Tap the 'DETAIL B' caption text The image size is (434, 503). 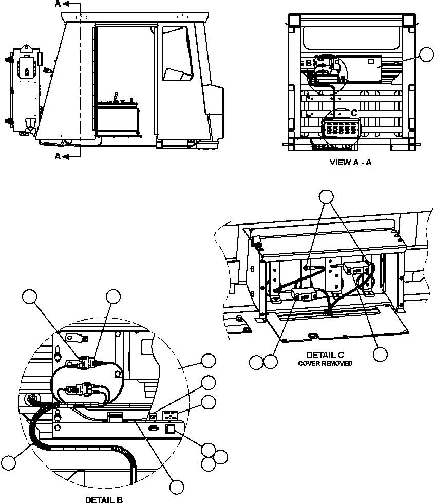tap(103, 499)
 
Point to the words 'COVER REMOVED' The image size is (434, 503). tap(326, 363)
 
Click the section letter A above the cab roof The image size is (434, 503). tap(58, 4)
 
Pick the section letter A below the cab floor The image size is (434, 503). tap(58, 156)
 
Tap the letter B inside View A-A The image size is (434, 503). tap(309, 64)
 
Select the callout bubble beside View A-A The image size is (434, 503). tap(426, 55)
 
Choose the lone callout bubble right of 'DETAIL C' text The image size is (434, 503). tap(381, 354)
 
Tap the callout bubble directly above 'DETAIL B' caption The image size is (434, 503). tap(178, 486)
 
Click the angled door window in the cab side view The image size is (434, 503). tap(176, 53)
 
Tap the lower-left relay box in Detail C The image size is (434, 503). tap(303, 295)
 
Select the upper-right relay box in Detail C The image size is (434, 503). tap(355, 268)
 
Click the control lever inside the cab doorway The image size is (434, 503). tap(116, 97)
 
